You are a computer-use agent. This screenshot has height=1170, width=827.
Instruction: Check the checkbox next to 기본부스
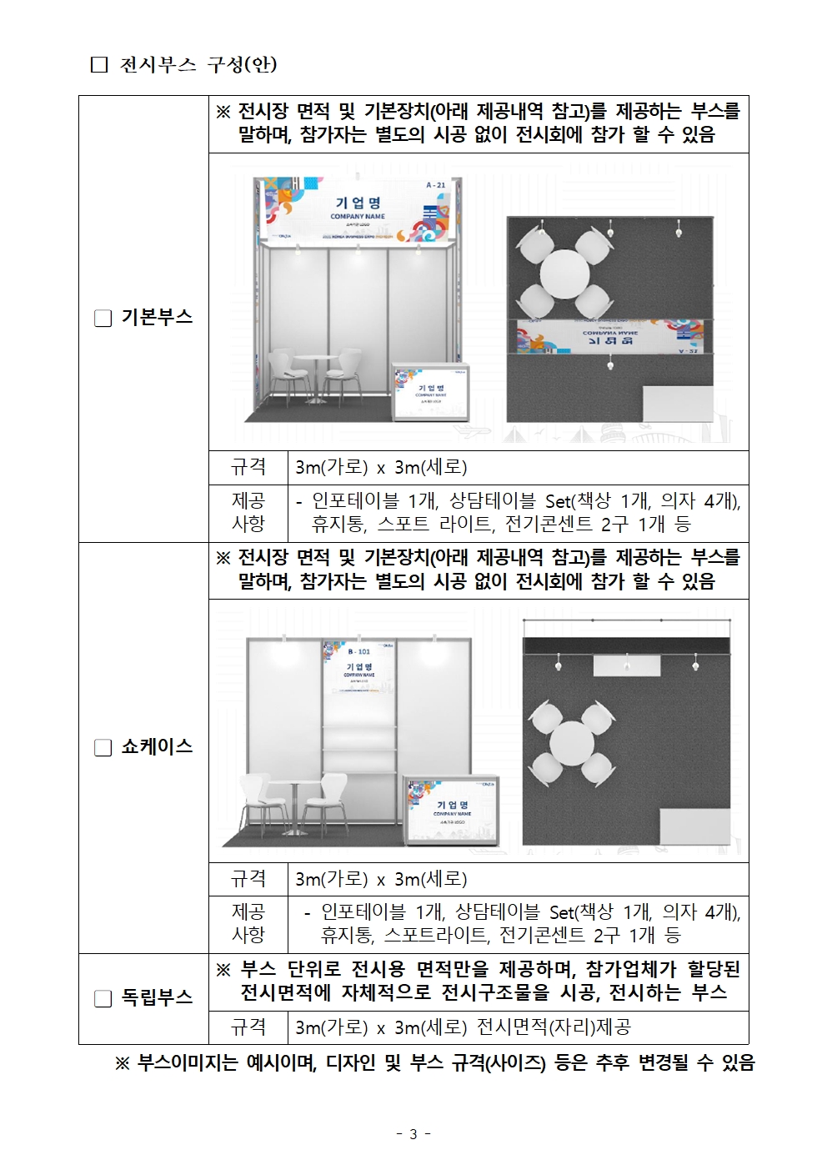coord(103,319)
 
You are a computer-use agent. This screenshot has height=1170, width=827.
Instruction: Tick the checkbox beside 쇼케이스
coord(103,748)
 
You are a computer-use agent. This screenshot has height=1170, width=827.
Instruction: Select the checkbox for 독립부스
coord(103,998)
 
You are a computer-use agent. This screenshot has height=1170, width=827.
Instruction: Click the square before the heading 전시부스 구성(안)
coord(99,65)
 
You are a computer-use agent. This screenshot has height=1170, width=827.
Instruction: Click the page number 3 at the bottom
coord(413,1134)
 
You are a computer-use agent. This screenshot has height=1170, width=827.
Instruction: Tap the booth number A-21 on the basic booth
coord(435,185)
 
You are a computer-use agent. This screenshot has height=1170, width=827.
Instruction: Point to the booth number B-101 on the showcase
coord(359,651)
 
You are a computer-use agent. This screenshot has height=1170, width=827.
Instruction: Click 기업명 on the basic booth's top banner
coord(358,203)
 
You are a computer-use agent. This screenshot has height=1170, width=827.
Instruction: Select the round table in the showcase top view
coord(572,742)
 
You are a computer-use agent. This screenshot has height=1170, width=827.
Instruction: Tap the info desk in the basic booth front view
coord(431,391)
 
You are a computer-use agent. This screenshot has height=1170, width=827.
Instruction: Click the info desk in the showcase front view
coord(452,807)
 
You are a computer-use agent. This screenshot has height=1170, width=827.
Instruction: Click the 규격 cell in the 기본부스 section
coord(248,467)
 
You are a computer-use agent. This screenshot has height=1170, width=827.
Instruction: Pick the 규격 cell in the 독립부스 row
coord(248,1027)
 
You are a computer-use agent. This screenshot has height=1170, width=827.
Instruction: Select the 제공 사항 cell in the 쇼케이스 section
coord(248,923)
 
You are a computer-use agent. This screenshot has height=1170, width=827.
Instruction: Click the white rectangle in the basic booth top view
coord(677,404)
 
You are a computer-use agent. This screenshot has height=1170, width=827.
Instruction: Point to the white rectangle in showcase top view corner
coord(694,827)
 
